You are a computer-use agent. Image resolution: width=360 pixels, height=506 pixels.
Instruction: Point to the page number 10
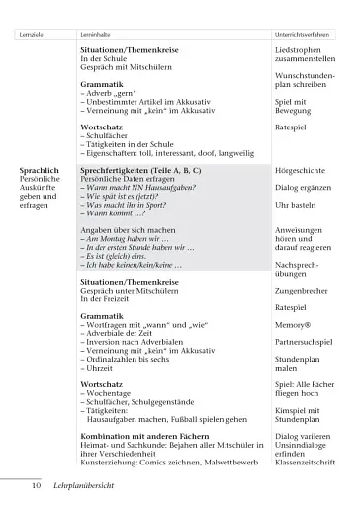pos(36,485)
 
